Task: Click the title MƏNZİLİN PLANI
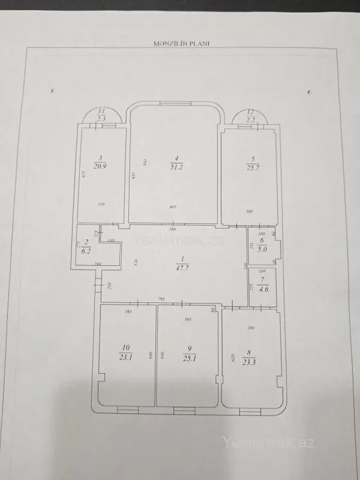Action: (179, 43)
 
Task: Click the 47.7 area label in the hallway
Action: (181, 268)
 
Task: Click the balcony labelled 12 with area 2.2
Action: (251, 115)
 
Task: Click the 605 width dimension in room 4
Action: (173, 207)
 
